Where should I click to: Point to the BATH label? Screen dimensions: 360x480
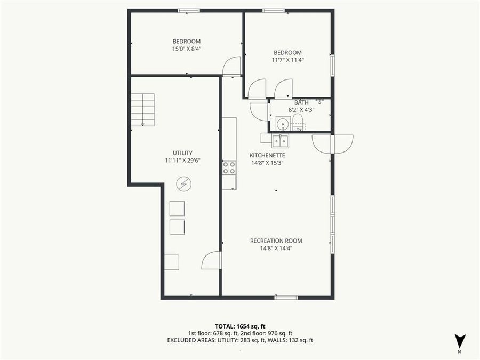tap(301, 102)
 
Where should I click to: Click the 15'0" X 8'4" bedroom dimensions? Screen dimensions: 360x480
tap(186, 49)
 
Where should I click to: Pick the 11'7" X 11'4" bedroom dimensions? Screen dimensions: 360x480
tap(287, 60)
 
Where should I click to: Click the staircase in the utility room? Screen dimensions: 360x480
tap(143, 110)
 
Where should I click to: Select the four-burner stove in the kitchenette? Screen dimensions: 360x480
tap(229, 167)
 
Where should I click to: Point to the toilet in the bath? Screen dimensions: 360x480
tap(298, 123)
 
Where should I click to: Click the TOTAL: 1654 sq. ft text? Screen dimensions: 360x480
tap(239, 325)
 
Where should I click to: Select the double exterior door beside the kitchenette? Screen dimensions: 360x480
tap(332, 144)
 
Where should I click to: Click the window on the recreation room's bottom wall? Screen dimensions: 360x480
tap(286, 297)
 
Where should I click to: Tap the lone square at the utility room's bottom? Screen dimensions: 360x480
tap(172, 262)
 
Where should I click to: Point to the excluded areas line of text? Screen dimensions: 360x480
tap(239, 340)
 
